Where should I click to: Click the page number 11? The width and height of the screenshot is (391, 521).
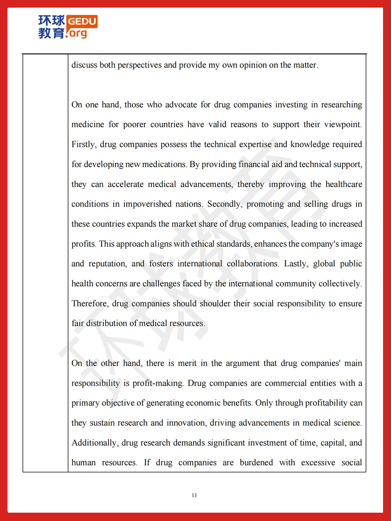[x=194, y=495]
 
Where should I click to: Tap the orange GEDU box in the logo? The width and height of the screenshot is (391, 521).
[x=82, y=21]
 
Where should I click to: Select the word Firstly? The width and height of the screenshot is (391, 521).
[x=84, y=144]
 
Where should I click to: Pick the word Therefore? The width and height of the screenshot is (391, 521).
[x=90, y=304]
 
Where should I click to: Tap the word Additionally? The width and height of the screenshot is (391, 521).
[x=95, y=443]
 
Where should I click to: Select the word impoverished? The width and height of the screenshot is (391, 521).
[x=147, y=204]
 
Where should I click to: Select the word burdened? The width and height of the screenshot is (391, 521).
[x=256, y=463]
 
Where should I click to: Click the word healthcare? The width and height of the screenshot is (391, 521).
[x=344, y=184]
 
